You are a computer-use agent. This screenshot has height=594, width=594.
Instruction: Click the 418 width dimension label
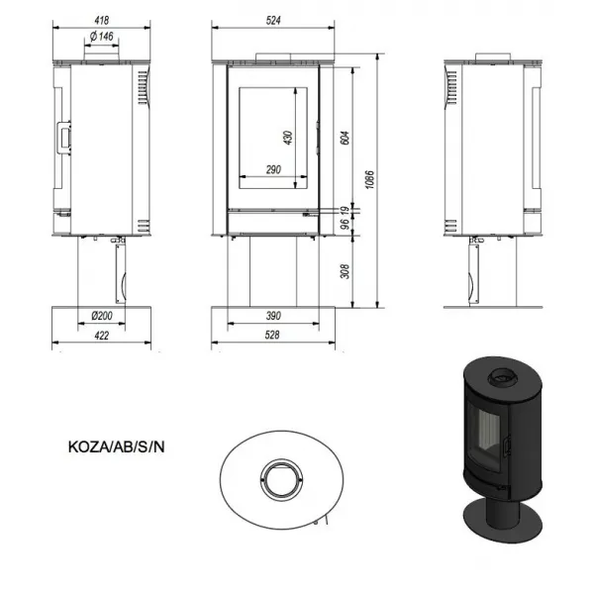(102, 20)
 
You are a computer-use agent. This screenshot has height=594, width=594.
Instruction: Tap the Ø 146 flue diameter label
(102, 36)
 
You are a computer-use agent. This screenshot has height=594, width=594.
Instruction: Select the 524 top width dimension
(273, 20)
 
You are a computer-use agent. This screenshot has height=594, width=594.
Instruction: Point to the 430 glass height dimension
(288, 138)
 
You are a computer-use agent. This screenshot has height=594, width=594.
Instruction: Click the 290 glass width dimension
(273, 169)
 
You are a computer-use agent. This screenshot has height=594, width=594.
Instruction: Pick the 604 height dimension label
(345, 138)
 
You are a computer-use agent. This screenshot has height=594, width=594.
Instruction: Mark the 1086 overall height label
(369, 179)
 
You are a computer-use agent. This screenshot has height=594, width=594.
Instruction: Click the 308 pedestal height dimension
(345, 271)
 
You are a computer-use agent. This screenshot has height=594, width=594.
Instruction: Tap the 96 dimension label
(345, 224)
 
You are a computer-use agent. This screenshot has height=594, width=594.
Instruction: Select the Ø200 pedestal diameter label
(102, 315)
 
